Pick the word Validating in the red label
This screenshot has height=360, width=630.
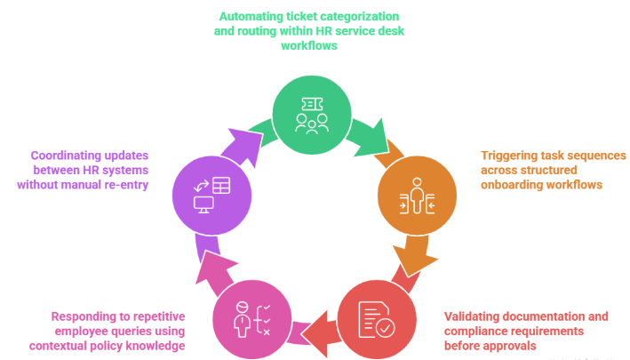[472, 316]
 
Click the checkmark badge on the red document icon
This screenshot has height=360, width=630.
[383, 329]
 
